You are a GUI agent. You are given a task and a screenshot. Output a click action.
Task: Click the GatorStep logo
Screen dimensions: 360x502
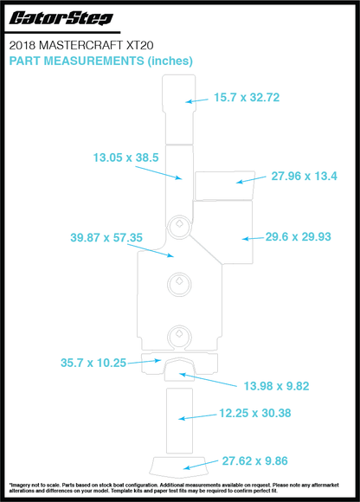point(61,18)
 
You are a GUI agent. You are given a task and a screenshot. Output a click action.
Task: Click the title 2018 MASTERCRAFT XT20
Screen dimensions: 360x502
point(81,46)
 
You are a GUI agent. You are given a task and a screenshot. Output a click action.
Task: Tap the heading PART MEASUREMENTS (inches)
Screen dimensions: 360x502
point(100,61)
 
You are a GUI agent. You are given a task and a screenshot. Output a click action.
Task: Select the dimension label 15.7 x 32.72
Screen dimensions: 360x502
point(247,97)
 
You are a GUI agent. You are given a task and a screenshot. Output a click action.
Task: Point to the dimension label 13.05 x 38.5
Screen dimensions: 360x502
point(125,158)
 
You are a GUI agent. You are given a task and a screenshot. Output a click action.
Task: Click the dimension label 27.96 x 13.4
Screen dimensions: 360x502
point(304,176)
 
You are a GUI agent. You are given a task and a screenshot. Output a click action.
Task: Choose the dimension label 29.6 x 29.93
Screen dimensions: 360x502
point(298,236)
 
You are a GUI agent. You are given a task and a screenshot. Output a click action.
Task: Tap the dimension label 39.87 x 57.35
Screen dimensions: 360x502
point(106,237)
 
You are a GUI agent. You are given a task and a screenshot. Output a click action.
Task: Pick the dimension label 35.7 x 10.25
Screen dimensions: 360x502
point(93,363)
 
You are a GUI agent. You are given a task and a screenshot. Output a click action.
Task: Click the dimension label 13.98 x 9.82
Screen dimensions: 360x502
point(276,386)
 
